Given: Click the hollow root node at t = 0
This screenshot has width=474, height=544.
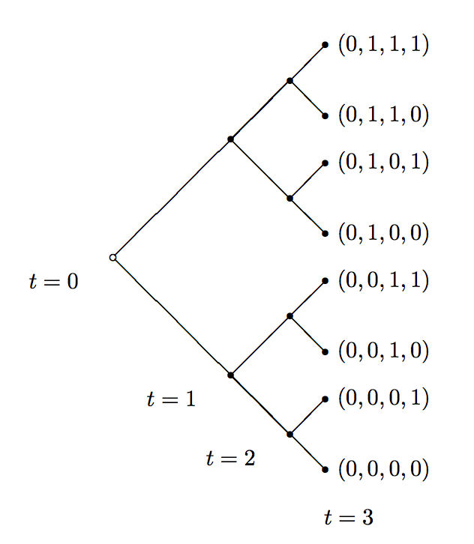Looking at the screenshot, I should [112, 257].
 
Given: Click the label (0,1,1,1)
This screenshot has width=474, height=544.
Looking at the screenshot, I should [383, 45].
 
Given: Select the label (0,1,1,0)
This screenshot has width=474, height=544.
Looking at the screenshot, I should [383, 115].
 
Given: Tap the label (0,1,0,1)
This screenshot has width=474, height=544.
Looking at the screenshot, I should [383, 163].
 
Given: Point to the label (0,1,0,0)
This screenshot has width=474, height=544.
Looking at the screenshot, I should [383, 233].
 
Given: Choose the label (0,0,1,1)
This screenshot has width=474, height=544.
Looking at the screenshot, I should [383, 280].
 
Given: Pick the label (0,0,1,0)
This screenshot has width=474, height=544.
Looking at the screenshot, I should [383, 351].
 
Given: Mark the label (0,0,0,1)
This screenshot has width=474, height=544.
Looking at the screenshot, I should [383, 398].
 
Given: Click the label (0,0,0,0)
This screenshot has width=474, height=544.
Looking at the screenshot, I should [383, 469].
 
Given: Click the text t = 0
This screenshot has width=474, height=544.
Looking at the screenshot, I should [53, 282].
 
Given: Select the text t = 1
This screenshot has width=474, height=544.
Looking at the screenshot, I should [171, 399].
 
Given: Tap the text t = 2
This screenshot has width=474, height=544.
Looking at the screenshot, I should [230, 459].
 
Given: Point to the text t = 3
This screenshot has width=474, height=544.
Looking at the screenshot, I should [348, 517].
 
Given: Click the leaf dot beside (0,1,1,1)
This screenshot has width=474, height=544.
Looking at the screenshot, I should [325, 45].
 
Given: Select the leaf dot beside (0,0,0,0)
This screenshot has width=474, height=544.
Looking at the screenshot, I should [325, 469].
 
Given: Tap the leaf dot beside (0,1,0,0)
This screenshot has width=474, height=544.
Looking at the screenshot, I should [325, 233].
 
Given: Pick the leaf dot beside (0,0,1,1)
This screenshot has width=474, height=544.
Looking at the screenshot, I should [325, 280].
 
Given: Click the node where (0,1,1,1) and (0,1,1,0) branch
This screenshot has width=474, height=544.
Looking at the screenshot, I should [289, 80].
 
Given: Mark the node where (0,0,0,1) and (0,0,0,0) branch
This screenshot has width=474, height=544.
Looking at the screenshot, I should [289, 434].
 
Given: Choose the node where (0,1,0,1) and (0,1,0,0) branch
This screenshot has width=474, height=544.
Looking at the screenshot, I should [289, 198].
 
